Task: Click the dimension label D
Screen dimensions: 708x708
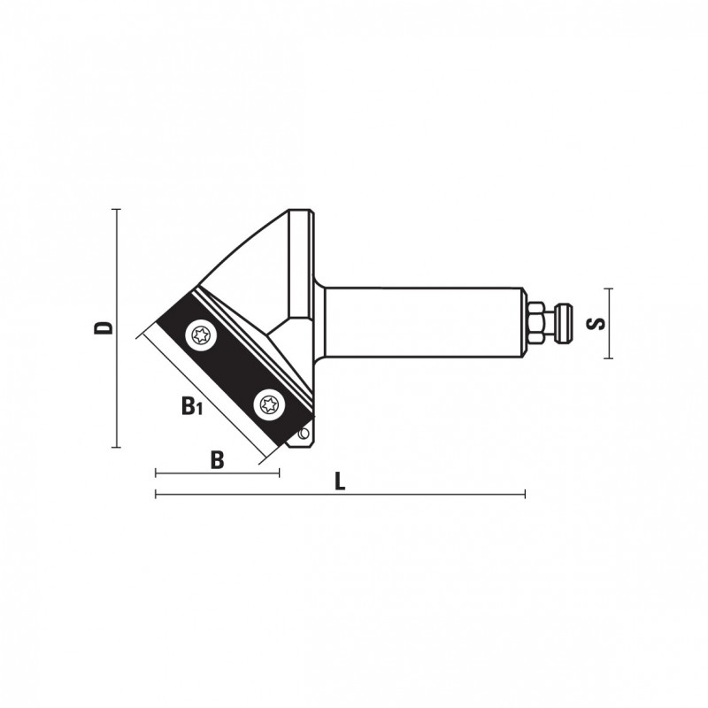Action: [x=104, y=328]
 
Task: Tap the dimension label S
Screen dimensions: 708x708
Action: [x=595, y=323]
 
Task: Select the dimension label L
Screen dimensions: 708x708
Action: [x=340, y=481]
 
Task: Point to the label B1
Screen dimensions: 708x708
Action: [x=192, y=406]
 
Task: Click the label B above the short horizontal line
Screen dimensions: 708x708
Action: [x=217, y=460]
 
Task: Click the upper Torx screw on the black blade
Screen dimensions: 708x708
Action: [x=201, y=336]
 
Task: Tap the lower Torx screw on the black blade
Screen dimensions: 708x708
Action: [x=269, y=404]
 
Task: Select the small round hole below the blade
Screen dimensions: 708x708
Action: [x=304, y=434]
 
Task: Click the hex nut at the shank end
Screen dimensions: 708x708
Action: [x=535, y=323]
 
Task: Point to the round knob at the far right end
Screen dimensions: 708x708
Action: [x=564, y=323]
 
